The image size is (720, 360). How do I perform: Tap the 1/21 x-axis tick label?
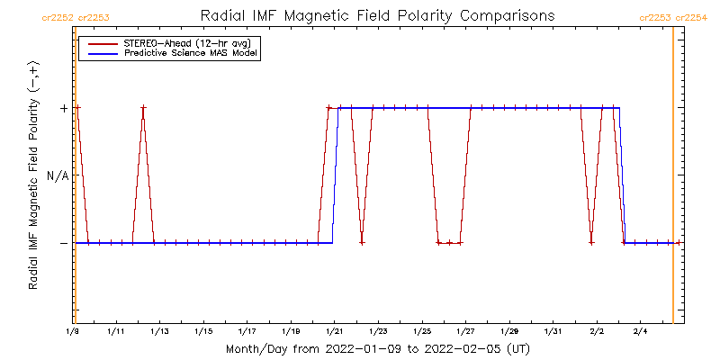click(334, 332)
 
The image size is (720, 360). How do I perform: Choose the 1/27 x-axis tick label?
click(465, 332)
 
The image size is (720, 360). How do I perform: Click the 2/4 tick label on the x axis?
click(640, 332)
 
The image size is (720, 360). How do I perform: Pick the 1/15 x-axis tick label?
click(203, 332)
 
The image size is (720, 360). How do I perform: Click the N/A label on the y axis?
click(58, 175)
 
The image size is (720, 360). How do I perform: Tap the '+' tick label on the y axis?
click(63, 108)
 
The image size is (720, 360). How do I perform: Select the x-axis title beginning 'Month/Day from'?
click(377, 348)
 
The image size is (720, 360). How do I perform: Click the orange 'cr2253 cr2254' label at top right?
click(673, 18)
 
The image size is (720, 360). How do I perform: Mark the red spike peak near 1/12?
click(143, 108)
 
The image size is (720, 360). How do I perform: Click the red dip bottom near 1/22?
click(362, 242)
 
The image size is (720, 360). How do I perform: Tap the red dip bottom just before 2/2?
click(591, 242)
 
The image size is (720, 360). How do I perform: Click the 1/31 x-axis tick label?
click(553, 332)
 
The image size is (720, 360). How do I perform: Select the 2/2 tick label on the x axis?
click(597, 332)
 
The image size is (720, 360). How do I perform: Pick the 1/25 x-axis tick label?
click(422, 332)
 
